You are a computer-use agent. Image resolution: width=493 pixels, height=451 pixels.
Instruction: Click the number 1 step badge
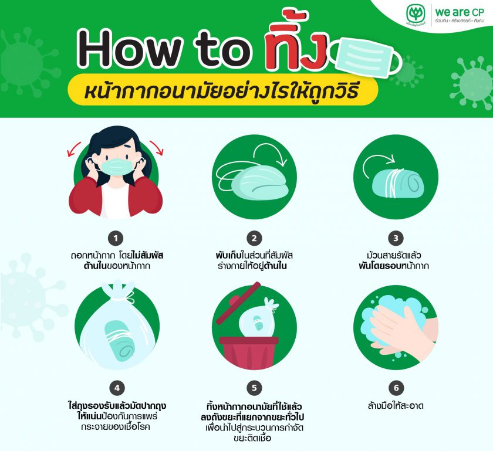pyautogui.click(x=116, y=239)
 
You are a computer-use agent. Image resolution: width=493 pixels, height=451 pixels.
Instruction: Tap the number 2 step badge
pyautogui.click(x=254, y=239)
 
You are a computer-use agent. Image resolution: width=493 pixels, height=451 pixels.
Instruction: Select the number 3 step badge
pyautogui.click(x=396, y=239)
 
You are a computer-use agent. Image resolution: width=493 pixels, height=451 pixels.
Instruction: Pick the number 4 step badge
pyautogui.click(x=117, y=388)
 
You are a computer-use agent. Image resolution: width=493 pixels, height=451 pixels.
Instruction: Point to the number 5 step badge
pyautogui.click(x=254, y=388)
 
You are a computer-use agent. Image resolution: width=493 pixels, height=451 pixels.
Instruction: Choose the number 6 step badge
pyautogui.click(x=396, y=388)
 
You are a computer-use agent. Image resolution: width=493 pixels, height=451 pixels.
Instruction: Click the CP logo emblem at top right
pyautogui.click(x=416, y=14)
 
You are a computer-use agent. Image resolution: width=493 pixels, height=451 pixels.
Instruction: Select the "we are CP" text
pyautogui.click(x=460, y=12)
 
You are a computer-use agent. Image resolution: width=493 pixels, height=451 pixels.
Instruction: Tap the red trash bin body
pyautogui.click(x=249, y=352)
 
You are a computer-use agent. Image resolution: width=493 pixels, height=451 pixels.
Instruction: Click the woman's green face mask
pyautogui.click(x=117, y=167)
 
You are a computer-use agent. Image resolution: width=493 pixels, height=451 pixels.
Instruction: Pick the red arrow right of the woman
pyautogui.click(x=157, y=148)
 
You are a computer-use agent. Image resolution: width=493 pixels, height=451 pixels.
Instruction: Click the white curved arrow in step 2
pyautogui.click(x=270, y=148)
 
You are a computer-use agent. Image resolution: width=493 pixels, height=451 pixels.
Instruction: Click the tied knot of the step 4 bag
pyautogui.click(x=119, y=291)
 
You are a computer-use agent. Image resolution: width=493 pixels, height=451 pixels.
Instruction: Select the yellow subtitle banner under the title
pyautogui.click(x=223, y=90)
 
